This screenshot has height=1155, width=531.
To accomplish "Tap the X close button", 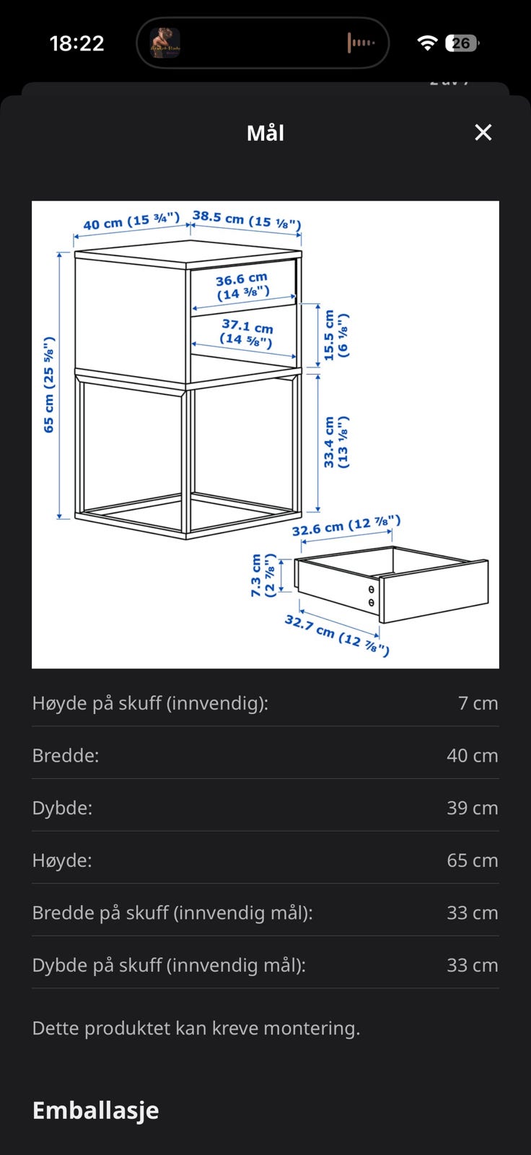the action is (483, 133).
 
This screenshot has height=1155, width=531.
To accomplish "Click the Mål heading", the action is (265, 133).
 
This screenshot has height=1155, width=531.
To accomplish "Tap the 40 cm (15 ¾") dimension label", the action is (131, 221).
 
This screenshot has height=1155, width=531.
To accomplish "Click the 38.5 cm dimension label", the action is (247, 219).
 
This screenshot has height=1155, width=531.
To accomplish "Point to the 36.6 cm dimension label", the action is (242, 286).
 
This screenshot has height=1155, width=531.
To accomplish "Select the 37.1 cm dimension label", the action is (247, 333).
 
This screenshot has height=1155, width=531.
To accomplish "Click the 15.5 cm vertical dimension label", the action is (336, 335).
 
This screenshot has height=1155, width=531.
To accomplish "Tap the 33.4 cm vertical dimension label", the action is (336, 443).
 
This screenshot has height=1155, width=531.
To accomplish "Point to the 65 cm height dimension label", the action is (48, 385).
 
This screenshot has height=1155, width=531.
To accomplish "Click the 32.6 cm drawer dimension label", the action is (346, 526).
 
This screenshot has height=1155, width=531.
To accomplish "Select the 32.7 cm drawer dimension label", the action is (337, 635).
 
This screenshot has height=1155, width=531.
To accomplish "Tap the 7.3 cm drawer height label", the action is (263, 575).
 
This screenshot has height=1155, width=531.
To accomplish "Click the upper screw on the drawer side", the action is (371, 589).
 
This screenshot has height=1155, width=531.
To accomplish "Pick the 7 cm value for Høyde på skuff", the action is (478, 703).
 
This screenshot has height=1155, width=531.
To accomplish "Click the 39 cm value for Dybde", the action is (473, 808).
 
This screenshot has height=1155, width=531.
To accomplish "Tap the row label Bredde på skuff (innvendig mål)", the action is (172, 913).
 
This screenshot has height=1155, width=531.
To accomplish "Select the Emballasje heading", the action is (95, 1110).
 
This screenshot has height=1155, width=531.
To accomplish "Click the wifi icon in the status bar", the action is (427, 43).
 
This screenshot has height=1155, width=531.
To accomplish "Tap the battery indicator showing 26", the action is (462, 43).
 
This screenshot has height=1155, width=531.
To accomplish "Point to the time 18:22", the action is (76, 43).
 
